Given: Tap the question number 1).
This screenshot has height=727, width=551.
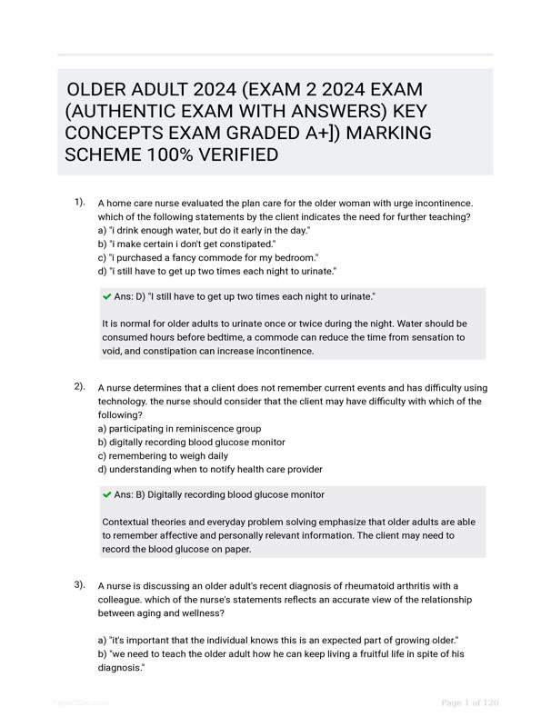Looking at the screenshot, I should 80,203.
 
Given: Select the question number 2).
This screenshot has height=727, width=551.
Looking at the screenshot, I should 80,386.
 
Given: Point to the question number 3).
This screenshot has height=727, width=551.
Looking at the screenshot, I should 80,584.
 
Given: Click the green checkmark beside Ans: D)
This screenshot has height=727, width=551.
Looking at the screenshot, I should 107,297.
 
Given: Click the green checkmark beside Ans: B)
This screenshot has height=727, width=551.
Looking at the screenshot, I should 107,495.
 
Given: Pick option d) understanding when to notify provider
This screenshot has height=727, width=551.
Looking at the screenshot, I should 209,470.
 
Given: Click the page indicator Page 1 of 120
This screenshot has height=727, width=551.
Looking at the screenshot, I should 469,702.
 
